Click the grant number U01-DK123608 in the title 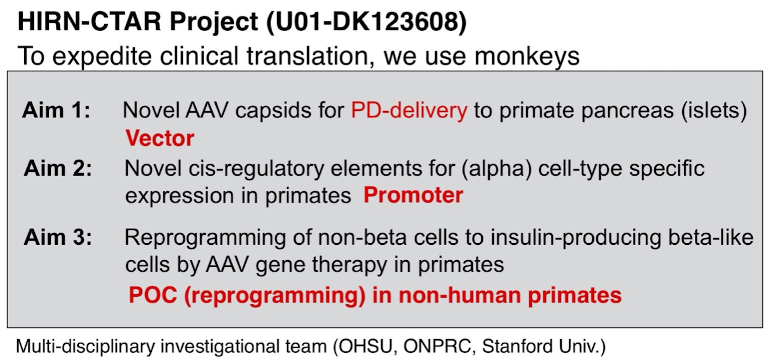click(x=367, y=22)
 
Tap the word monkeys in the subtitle click(x=527, y=56)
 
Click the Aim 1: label click(x=56, y=110)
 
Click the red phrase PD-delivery click(x=409, y=111)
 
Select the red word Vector click(x=160, y=138)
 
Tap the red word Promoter click(x=413, y=195)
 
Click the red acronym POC click(x=153, y=295)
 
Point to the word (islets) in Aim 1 click(x=714, y=111)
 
